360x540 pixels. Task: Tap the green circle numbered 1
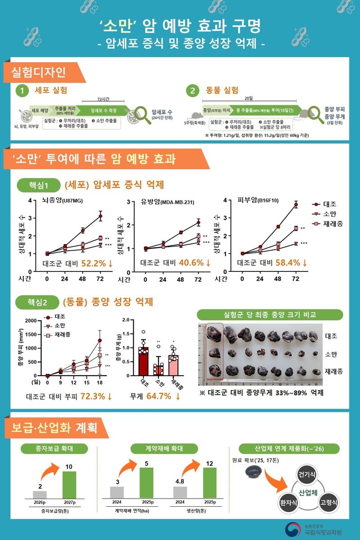[x=22, y=91]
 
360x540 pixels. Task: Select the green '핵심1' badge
[x=38, y=185]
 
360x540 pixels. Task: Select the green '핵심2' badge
[x=38, y=301]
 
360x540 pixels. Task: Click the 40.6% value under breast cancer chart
[x=191, y=263]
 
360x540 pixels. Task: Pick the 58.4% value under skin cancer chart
[x=288, y=263]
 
